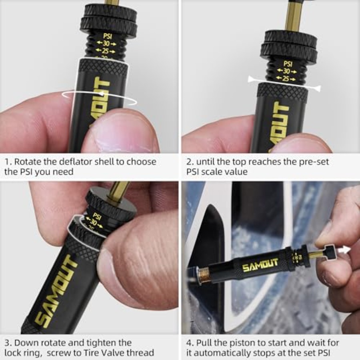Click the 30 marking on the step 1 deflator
coord(106,43)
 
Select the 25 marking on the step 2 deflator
coord(286,78)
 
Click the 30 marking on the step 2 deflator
coord(286,71)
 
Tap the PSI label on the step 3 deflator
coord(97,216)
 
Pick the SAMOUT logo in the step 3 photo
coord(56,290)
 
